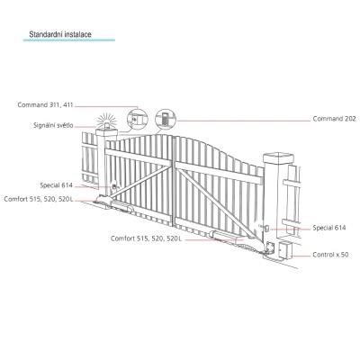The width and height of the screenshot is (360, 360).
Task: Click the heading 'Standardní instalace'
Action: tap(60, 34)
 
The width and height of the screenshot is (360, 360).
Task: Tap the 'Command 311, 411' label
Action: tap(45, 104)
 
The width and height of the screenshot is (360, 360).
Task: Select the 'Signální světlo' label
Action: tap(53, 125)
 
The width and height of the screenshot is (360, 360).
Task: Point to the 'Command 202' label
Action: tap(334, 119)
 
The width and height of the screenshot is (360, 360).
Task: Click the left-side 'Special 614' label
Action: tap(57, 185)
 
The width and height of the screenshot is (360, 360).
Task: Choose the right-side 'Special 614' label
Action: tap(329, 228)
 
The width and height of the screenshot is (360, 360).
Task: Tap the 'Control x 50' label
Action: tap(330, 255)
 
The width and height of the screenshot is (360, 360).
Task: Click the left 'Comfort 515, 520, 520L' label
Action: tap(39, 199)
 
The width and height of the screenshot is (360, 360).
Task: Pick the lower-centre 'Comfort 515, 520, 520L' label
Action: tap(146, 238)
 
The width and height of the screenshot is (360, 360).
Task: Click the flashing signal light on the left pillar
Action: tap(107, 122)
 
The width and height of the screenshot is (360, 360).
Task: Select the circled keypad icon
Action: tap(166, 119)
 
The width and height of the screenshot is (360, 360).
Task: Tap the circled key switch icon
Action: tap(138, 120)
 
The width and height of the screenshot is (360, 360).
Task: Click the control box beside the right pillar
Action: tap(284, 251)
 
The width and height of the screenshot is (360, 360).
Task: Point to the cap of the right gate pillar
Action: tap(278, 158)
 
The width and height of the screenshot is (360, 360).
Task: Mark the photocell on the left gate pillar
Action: tap(114, 187)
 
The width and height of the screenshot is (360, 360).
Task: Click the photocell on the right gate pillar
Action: tap(267, 229)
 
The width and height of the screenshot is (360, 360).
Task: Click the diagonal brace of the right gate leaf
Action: tap(217, 203)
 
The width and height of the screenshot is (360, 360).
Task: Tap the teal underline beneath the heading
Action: tap(69, 40)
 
